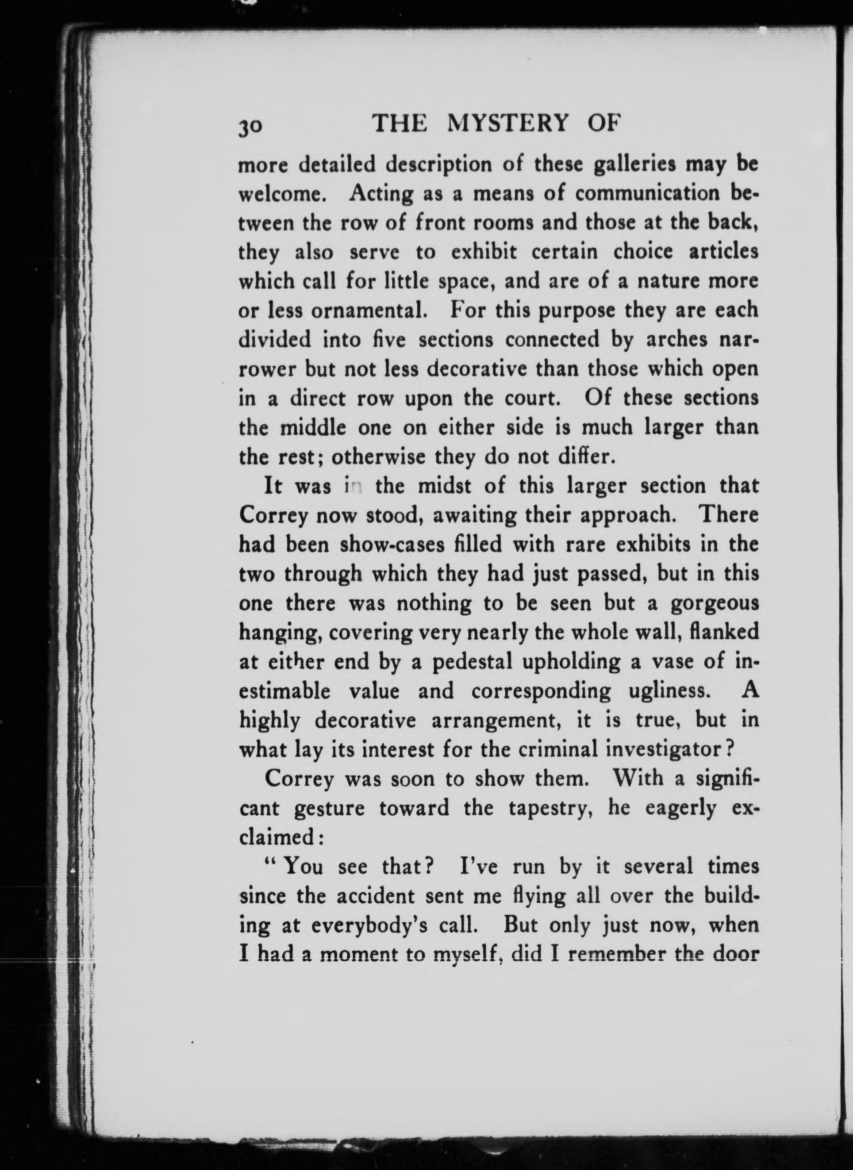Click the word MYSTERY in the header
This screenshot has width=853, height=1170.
coord(509,124)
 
